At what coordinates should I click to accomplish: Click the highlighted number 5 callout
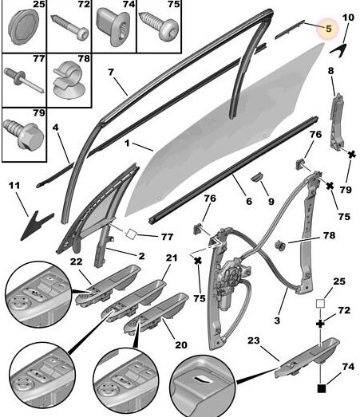[328, 28]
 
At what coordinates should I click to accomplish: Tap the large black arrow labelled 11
[36, 226]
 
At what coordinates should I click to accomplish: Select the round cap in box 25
[23, 26]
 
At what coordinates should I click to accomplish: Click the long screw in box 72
[70, 27]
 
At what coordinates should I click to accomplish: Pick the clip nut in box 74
[113, 26]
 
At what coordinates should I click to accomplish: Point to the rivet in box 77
[23, 80]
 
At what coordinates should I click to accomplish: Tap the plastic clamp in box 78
[69, 80]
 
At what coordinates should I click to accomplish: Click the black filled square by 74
[322, 388]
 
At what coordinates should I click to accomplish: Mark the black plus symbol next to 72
[320, 324]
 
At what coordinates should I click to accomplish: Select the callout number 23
[254, 340]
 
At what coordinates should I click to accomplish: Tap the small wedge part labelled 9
[257, 176]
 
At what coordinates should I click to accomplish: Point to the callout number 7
[111, 72]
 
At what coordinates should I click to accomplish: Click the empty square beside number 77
[131, 234]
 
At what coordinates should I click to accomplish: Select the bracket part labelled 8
[337, 122]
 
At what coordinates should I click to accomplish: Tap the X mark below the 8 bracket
[352, 154]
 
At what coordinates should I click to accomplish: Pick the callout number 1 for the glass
[127, 144]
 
